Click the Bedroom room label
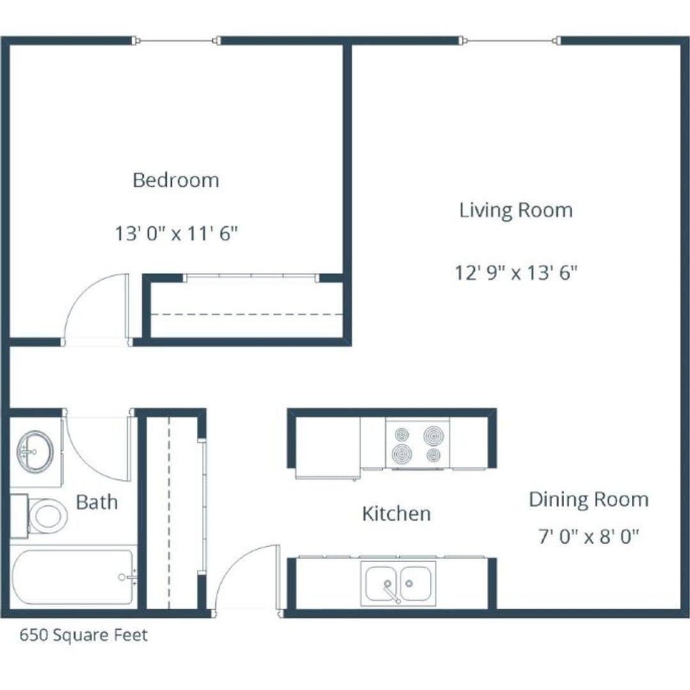[x=176, y=180]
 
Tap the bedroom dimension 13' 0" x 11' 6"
[x=176, y=233]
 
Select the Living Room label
[x=516, y=210]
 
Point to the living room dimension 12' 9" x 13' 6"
[x=516, y=273]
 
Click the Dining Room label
[x=589, y=500]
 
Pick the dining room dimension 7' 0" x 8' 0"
[x=589, y=537]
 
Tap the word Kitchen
[x=396, y=514]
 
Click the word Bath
[x=97, y=502]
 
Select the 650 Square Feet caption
[x=84, y=635]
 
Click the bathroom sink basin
[x=35, y=452]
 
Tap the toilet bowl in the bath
[x=47, y=516]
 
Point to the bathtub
[x=72, y=577]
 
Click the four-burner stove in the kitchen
[x=418, y=444]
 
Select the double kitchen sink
[x=398, y=583]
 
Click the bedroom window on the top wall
[x=176, y=41]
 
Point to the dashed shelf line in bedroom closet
[x=247, y=314]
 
